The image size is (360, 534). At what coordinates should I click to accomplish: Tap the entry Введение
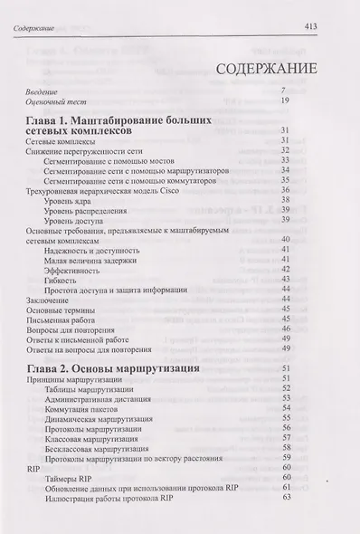pyautogui.click(x=42, y=90)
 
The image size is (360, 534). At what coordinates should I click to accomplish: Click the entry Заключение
pyautogui.click(x=46, y=300)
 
